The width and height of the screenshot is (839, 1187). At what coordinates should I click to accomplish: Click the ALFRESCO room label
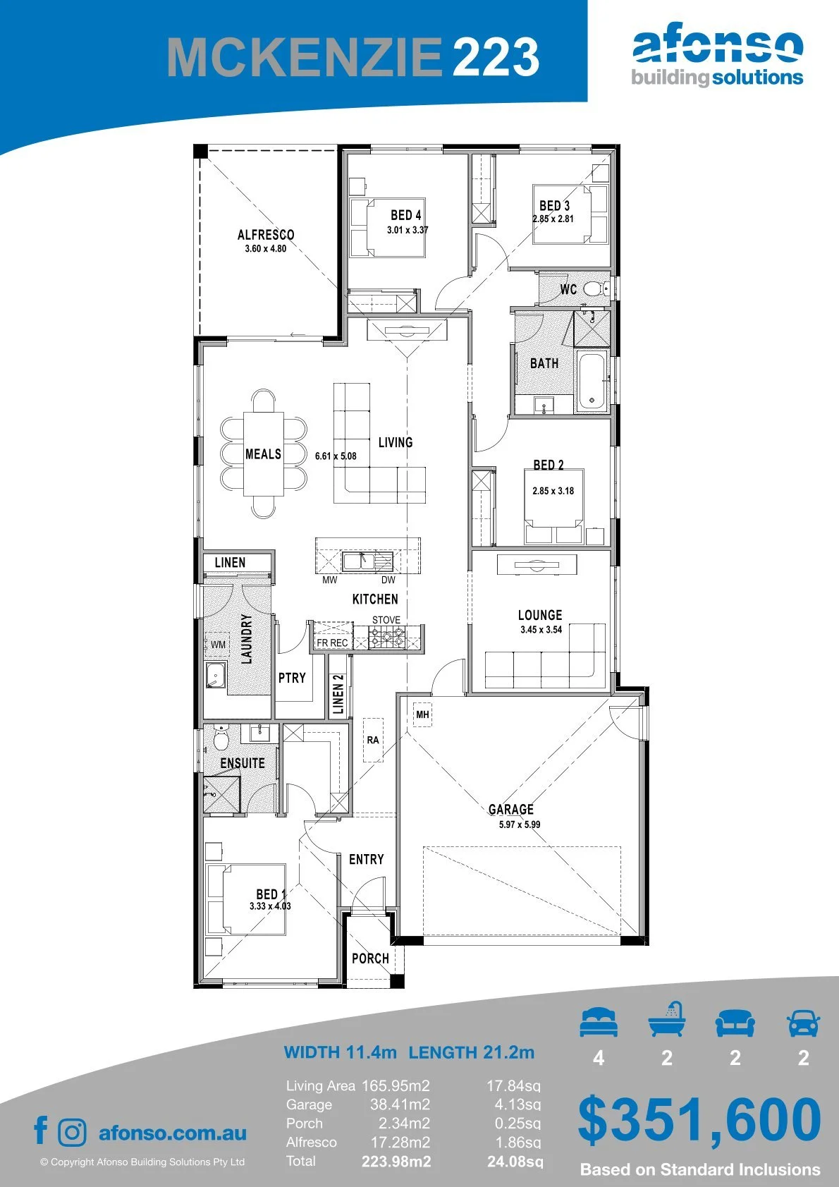(x=266, y=235)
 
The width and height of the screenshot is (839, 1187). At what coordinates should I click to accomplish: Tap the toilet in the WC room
(x=595, y=288)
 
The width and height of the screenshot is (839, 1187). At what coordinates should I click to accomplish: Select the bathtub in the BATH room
(x=592, y=379)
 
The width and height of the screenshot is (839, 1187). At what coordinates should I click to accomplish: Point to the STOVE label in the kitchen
(x=386, y=619)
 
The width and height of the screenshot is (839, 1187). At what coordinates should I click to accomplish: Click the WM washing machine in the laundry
(x=218, y=645)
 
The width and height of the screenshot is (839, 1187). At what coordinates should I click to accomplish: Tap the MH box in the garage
(x=422, y=715)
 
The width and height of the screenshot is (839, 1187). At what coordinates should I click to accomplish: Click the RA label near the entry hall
(x=373, y=740)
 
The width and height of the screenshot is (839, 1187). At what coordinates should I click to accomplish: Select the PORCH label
(x=370, y=958)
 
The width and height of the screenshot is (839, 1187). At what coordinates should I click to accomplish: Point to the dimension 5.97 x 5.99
(x=520, y=824)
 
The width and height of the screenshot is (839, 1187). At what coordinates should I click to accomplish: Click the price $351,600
(x=699, y=1119)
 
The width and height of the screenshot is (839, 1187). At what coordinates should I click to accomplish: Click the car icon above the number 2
(x=804, y=1022)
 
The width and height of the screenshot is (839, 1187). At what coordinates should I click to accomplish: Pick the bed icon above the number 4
(x=599, y=1022)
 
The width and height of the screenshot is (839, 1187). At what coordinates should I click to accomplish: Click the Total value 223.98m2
(x=396, y=1162)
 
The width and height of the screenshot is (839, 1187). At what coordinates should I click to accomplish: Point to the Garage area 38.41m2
(x=400, y=1104)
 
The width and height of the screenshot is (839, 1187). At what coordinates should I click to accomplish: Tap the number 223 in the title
(x=496, y=56)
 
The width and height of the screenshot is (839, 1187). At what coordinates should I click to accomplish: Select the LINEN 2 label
(x=338, y=693)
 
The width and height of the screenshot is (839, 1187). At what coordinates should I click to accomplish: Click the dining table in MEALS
(x=263, y=454)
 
